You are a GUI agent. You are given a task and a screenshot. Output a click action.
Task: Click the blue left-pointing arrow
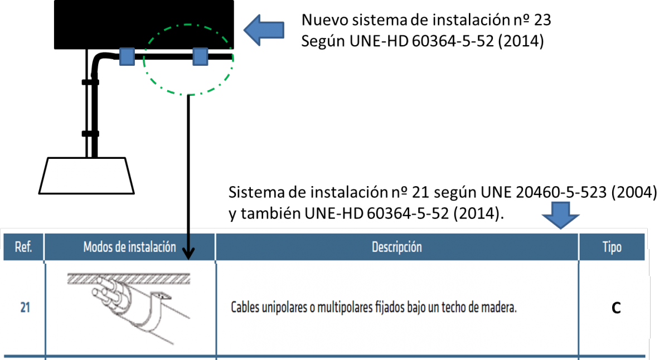point(264,30)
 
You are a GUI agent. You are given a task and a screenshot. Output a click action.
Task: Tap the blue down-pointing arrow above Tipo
point(561,215)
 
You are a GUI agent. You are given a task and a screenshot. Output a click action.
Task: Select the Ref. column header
point(23,247)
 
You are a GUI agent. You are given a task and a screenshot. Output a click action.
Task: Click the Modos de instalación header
point(129,247)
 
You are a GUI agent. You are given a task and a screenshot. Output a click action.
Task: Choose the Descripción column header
point(397,247)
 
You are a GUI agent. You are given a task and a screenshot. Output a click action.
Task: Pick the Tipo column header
point(612,247)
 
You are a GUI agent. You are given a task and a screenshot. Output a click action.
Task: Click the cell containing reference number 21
point(25,308)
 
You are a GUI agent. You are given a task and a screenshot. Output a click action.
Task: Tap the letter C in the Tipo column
point(616,308)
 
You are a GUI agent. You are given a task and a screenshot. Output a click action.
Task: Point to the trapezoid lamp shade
point(86,176)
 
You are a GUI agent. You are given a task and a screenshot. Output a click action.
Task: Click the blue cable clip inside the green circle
point(200,56)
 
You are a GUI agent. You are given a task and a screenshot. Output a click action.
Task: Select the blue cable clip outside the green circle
point(127,56)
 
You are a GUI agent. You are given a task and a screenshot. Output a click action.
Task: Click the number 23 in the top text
point(541,20)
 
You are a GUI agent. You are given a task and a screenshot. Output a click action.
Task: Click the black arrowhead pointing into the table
point(188,253)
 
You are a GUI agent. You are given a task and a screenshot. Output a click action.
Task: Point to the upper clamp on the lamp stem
point(90,82)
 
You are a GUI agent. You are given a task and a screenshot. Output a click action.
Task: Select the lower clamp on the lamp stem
point(90,134)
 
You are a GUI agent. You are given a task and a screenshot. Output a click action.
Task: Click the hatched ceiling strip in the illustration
point(129,279)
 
